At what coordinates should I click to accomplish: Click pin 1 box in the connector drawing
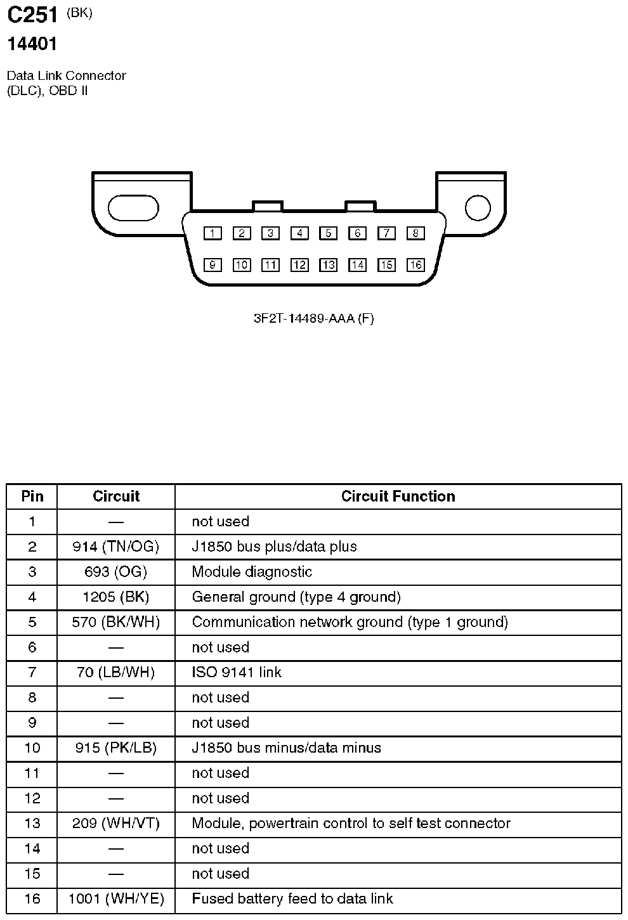click(213, 233)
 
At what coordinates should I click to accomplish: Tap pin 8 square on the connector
click(415, 233)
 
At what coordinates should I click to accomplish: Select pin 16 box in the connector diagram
click(415, 265)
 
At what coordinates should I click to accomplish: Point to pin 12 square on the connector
click(299, 265)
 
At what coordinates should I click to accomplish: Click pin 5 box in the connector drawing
click(328, 233)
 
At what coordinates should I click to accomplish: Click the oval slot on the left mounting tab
click(133, 208)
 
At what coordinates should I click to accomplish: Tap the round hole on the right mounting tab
click(478, 208)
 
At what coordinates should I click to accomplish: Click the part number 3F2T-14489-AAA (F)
click(313, 318)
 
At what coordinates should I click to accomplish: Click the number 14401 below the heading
click(32, 44)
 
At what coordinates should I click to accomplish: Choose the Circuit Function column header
click(398, 496)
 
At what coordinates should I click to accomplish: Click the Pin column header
click(32, 496)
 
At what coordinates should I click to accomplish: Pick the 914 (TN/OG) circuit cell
click(116, 547)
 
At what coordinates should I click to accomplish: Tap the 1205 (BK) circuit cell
click(116, 597)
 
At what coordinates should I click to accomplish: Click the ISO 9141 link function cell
click(237, 672)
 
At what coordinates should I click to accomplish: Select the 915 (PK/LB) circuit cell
click(116, 748)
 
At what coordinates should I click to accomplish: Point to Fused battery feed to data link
click(292, 898)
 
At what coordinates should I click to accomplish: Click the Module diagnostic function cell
click(252, 572)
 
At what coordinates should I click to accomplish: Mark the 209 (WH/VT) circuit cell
click(116, 823)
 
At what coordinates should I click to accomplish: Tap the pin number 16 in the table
click(32, 898)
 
